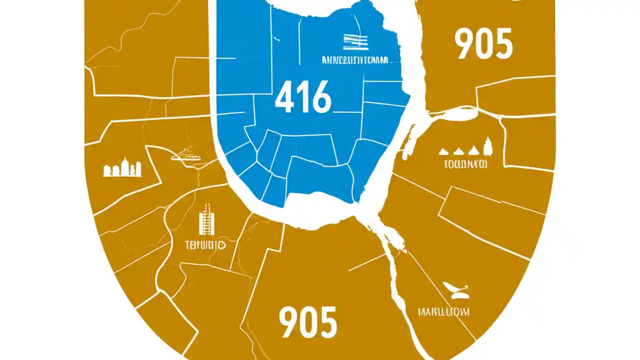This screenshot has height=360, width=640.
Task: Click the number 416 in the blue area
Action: [303, 97]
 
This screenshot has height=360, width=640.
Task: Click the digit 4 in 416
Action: [284, 97]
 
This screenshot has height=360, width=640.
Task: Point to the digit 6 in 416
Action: [320, 97]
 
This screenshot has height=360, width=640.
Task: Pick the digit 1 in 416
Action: [303, 97]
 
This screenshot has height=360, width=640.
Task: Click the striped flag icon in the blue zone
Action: [355, 42]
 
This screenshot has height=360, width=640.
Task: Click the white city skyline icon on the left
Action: [122, 168]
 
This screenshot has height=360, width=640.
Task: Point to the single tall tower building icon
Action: [205, 220]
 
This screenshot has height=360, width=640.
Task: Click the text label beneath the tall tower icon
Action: [205, 245]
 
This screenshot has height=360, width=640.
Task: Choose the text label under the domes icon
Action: [465, 163]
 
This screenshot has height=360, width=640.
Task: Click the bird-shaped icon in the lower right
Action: [455, 288]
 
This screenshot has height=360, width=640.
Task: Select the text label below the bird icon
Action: [443, 312]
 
